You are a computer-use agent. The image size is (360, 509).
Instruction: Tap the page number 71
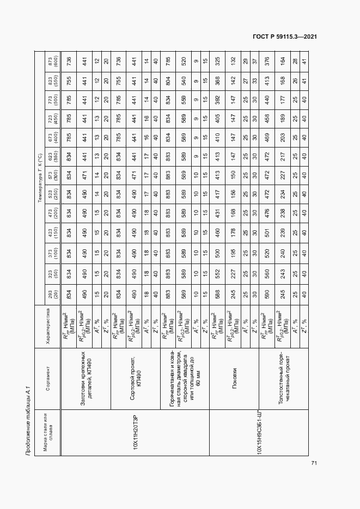pyautogui.click(x=314, y=463)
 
